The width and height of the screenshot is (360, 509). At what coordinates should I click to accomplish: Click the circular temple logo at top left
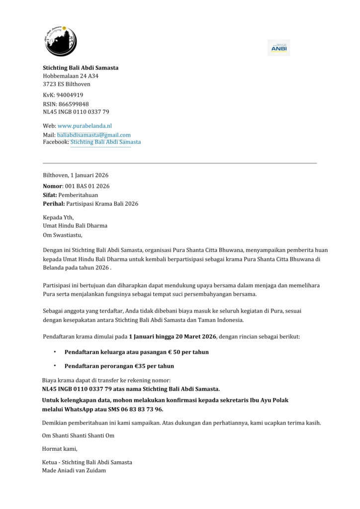coord(61,40)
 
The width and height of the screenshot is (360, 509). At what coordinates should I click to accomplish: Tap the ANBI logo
coord(278,48)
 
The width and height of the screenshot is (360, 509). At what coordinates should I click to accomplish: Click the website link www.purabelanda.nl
coord(85,126)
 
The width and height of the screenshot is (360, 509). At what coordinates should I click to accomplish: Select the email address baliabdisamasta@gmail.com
coord(94,135)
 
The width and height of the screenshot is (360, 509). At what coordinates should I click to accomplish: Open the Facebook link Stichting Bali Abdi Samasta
coord(105,142)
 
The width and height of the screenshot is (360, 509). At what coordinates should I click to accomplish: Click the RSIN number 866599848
coord(74,104)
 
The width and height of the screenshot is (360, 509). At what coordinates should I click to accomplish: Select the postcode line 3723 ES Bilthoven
coord(66,84)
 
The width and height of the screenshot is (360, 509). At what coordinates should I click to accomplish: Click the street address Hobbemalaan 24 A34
coord(70,76)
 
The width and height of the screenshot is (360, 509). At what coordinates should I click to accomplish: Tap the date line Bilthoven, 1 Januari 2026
coord(76,175)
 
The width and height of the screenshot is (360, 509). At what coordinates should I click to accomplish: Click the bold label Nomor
coord(53,186)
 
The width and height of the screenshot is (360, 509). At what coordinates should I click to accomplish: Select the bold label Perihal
coord(53,204)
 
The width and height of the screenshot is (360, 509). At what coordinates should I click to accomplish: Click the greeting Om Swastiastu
coord(63,235)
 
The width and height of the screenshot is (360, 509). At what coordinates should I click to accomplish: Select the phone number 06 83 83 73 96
coord(142,409)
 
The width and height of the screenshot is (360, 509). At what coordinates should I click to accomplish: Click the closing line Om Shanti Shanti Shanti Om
coord(79,436)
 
